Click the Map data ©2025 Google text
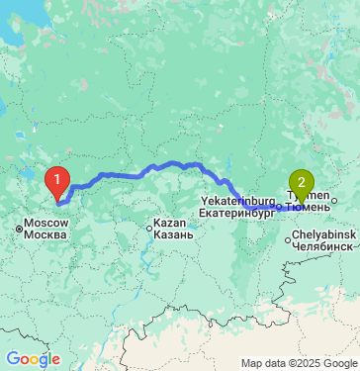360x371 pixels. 300,363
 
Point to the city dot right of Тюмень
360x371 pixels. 333,203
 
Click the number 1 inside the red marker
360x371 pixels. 58,179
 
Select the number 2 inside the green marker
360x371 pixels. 301,181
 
